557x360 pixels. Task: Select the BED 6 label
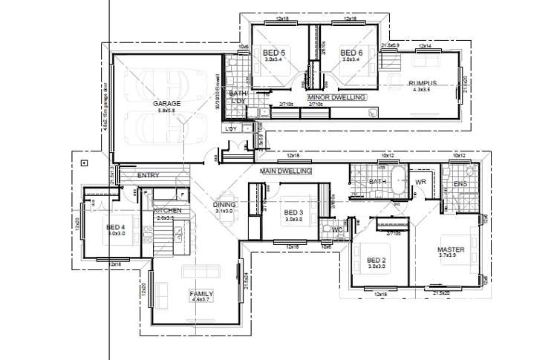351,53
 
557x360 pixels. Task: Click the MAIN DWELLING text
285,171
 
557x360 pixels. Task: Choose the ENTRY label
149,176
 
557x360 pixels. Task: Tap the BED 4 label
115,227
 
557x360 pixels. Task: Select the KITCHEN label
168,211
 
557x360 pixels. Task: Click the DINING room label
225,205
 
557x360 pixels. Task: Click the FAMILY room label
201,293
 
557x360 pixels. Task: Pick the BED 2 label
377,259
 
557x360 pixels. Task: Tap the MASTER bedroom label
451,250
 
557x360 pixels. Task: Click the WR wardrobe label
420,182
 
